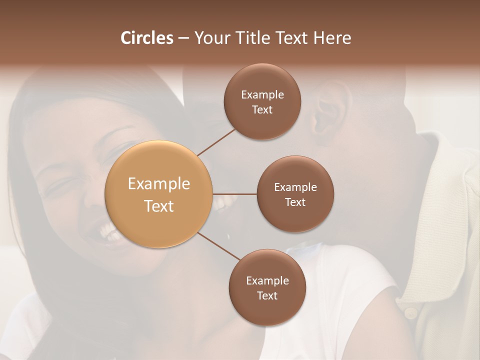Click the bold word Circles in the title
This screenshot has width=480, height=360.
(x=146, y=38)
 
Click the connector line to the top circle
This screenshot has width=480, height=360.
(x=216, y=142)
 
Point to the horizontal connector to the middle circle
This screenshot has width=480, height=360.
(x=234, y=194)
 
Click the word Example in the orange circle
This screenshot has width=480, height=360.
(x=158, y=184)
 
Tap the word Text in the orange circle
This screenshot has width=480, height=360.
(x=158, y=206)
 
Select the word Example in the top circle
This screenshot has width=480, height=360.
(x=262, y=94)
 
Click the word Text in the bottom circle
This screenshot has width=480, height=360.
(x=267, y=295)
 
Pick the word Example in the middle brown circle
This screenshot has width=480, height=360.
(x=295, y=187)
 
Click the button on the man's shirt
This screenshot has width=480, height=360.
(x=411, y=313)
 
